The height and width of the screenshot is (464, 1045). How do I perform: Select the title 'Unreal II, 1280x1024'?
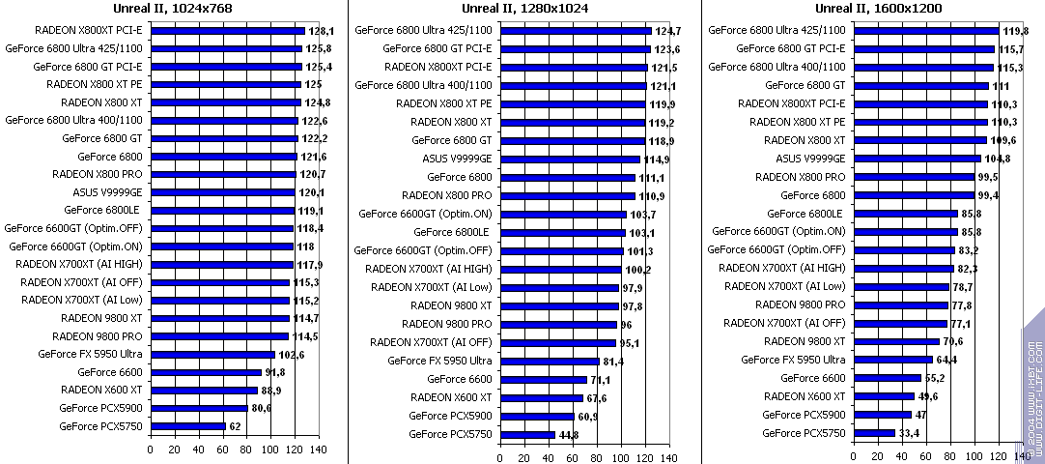[x=526, y=9]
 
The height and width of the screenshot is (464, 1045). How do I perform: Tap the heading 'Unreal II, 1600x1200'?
[x=878, y=9]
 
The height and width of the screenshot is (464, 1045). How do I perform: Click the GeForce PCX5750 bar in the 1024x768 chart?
[x=188, y=425]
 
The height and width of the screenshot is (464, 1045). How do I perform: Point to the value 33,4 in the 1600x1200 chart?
[x=909, y=433]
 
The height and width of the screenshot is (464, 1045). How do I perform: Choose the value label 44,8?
[x=568, y=435]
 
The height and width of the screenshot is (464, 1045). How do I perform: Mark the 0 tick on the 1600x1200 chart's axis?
[x=854, y=455]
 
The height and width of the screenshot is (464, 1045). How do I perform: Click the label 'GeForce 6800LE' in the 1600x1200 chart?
[x=805, y=214]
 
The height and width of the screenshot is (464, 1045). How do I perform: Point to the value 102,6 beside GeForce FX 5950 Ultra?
[x=292, y=355]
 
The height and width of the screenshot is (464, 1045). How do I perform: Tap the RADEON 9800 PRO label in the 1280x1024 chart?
[x=447, y=324]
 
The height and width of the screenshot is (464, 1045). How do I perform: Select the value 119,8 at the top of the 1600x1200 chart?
[x=1014, y=31]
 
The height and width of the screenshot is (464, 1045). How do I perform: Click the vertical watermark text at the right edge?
[x=1032, y=387]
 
